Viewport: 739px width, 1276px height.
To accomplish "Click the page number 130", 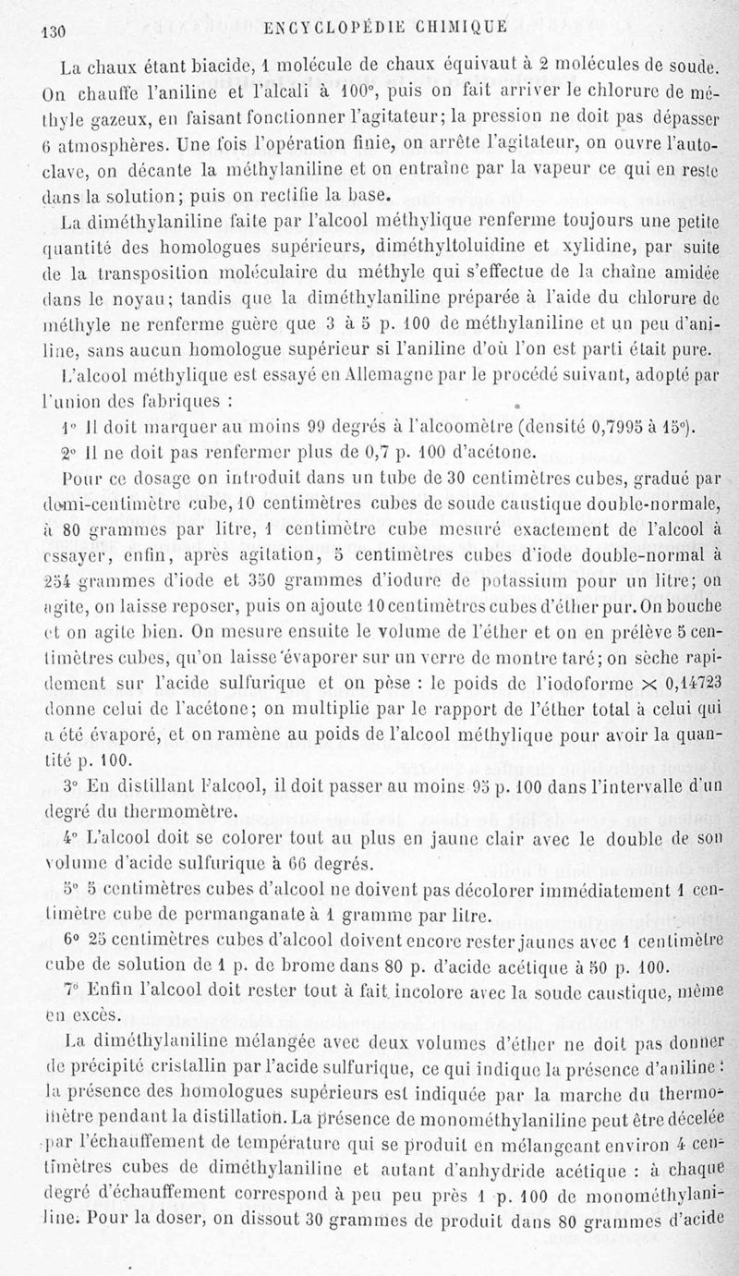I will coord(44,30).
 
